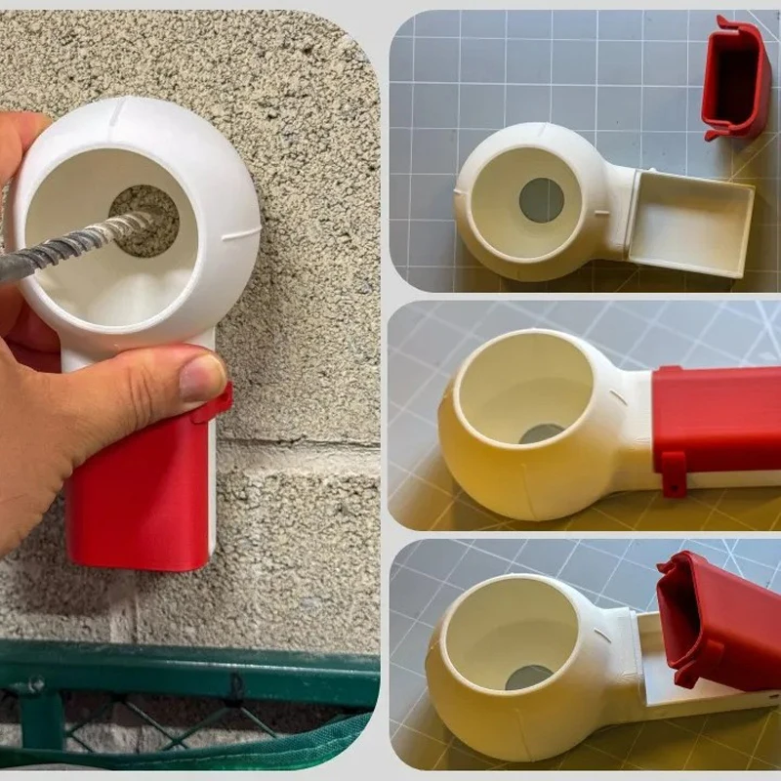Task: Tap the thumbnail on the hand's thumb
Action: [x=203, y=377]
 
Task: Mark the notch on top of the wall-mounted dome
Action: [x=118, y=115]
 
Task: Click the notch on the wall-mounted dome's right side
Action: [x=242, y=234]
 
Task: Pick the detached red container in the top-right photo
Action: [x=736, y=78]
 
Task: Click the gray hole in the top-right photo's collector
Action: [x=541, y=200]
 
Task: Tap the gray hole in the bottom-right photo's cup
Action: [x=528, y=677]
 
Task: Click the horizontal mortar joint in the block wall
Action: [x=293, y=444]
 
